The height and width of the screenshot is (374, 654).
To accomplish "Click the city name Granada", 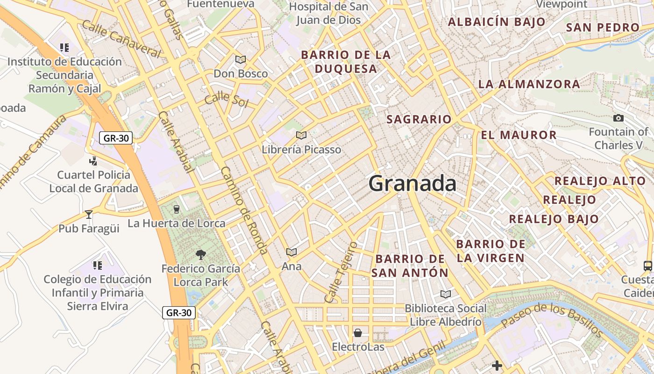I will (412, 183).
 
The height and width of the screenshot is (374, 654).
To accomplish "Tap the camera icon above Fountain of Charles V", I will (618, 118).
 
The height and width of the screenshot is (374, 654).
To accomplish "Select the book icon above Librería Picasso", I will (301, 136).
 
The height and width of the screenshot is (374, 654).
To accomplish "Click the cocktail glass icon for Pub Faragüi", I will (89, 215).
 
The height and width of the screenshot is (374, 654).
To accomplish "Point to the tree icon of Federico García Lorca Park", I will (201, 255).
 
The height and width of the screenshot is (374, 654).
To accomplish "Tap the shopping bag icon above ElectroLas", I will (358, 333).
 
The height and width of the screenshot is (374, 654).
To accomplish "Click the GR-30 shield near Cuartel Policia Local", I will (116, 138).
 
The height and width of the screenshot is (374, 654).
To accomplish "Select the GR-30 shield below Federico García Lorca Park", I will (179, 313).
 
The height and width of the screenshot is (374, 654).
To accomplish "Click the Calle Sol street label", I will (226, 99).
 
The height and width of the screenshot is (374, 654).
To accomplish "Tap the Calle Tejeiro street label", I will (341, 271).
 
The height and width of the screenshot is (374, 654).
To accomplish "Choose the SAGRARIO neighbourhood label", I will (419, 119).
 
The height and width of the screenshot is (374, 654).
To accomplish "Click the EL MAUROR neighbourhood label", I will (519, 135).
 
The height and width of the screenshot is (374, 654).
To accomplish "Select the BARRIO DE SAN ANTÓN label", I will (410, 266).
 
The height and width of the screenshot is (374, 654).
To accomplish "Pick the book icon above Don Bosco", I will (241, 59).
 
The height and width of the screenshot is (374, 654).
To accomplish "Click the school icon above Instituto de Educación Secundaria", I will (64, 47).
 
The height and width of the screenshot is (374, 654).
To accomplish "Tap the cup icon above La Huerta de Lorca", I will (176, 209).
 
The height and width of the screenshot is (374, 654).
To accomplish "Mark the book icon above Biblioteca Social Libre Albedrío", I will (446, 294).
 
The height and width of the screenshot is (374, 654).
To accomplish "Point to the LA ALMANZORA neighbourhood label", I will (529, 84).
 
